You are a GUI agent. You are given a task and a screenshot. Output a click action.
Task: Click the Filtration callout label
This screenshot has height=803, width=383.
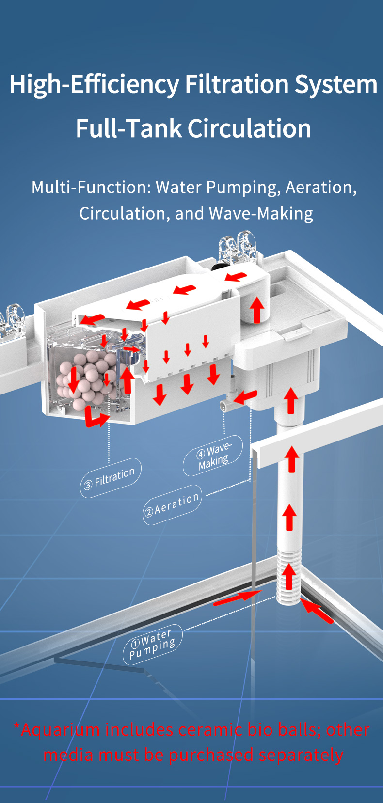(x=111, y=478)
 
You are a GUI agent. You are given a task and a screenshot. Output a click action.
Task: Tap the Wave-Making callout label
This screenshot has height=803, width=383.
(x=213, y=455)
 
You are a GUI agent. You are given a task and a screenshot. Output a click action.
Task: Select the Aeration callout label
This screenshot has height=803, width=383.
(x=173, y=505)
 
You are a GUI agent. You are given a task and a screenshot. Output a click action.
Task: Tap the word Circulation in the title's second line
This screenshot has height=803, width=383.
(x=249, y=128)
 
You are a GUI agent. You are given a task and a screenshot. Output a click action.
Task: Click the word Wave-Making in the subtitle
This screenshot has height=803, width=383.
(x=261, y=213)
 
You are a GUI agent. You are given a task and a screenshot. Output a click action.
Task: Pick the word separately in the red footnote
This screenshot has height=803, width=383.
(x=301, y=754)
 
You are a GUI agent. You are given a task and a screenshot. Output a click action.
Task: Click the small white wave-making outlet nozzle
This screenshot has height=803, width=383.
(x=225, y=406)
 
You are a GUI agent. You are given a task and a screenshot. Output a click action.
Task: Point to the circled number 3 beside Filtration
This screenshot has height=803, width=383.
(x=88, y=485)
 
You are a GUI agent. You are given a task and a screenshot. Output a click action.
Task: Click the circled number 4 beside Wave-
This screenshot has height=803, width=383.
(x=200, y=454)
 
